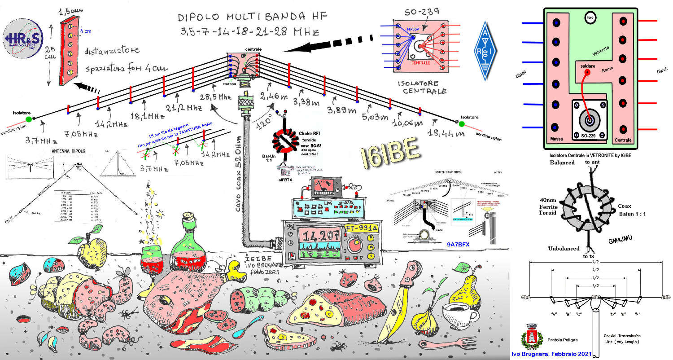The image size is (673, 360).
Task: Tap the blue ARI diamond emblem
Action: tap(485, 51)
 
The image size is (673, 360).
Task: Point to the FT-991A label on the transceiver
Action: tap(361, 229)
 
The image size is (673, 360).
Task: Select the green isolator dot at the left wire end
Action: tap(29, 119)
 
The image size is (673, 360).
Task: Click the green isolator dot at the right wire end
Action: tap(461, 123)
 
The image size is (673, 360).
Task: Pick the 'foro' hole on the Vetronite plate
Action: tap(590, 18)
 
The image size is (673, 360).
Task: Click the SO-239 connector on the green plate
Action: tap(589, 119)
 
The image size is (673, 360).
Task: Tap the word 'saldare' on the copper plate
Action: tap(587, 66)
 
